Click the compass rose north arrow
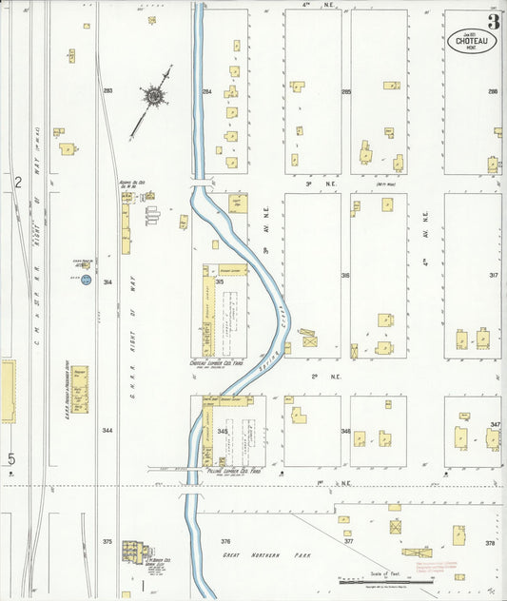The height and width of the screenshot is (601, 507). click(x=153, y=95)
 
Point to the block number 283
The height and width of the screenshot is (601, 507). click(x=107, y=91)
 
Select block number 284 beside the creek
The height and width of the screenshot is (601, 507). click(x=206, y=92)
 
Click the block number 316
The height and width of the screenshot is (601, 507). click(x=345, y=276)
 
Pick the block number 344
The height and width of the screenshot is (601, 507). click(x=107, y=431)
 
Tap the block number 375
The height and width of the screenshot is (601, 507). click(x=107, y=541)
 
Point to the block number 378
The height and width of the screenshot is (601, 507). click(x=490, y=543)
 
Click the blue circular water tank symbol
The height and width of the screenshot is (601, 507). click(x=86, y=280)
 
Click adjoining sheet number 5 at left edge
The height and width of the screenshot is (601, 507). click(x=11, y=460)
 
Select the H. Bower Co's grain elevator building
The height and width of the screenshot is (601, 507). click(x=135, y=553)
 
